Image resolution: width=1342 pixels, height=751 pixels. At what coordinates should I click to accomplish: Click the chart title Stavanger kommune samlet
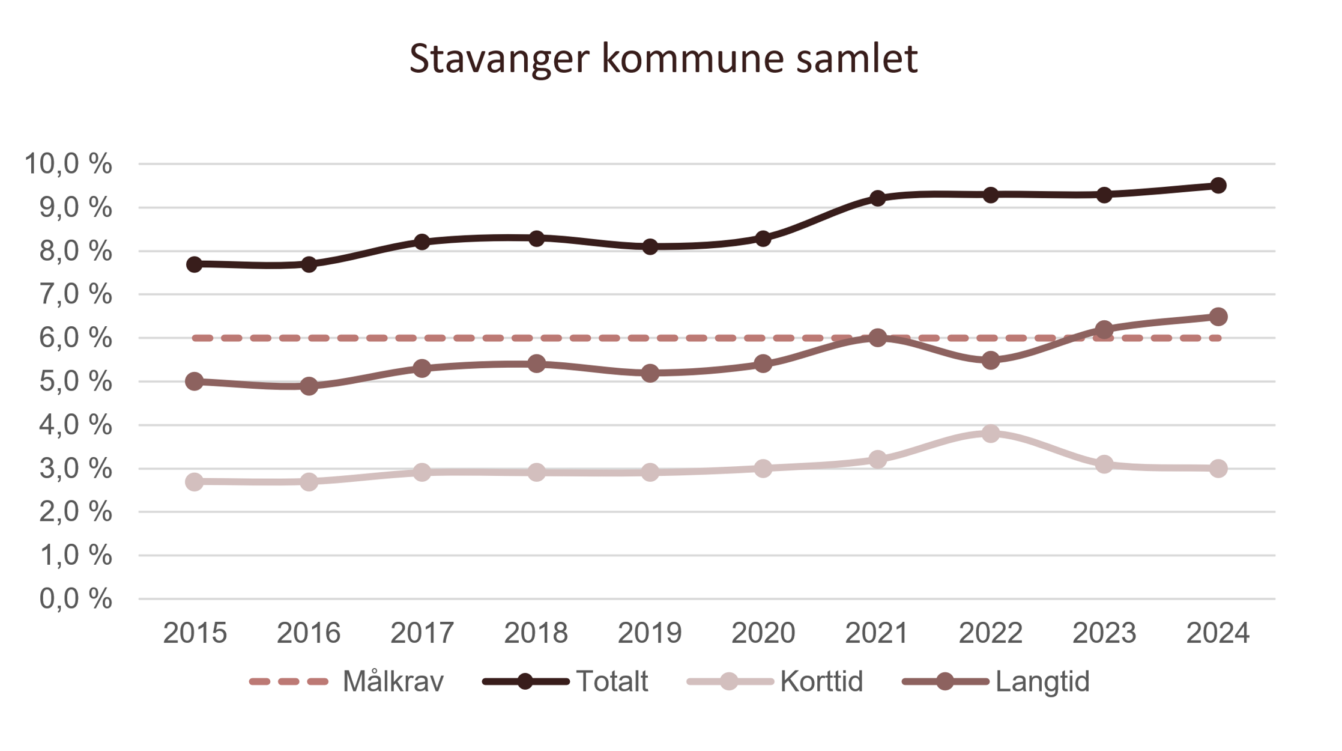pos(663,59)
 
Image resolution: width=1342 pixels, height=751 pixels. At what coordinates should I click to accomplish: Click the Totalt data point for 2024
pos(1218,185)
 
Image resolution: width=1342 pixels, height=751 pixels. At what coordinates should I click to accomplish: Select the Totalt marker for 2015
pos(195,264)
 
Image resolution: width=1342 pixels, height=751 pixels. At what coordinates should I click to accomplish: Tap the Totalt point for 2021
pos(877,198)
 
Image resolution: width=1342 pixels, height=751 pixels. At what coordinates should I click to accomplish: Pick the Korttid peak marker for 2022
pos(991,433)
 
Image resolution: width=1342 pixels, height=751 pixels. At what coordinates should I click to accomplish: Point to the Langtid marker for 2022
pos(991,360)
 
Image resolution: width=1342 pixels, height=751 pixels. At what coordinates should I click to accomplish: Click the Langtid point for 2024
pos(1218,317)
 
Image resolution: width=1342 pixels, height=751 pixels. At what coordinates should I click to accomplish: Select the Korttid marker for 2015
pos(195,482)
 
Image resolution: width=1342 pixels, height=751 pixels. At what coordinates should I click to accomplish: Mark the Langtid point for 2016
pos(309,386)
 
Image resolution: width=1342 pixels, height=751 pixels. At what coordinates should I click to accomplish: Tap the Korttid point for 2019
pos(650,472)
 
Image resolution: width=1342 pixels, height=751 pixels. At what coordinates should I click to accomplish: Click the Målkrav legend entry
pos(346,681)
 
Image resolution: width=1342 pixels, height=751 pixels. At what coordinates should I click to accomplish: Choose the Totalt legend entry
pos(566,681)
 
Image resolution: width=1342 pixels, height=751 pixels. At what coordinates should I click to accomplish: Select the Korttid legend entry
pos(775,681)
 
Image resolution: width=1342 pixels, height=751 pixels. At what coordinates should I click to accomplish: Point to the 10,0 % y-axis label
pos(68,163)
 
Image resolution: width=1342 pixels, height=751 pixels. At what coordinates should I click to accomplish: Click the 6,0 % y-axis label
pos(75,338)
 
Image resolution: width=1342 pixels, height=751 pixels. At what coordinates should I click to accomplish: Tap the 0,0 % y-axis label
pos(75,599)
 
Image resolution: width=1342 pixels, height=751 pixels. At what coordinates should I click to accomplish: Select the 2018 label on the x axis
pos(536,633)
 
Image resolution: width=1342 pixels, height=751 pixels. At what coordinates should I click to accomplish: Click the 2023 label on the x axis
pos(1104,633)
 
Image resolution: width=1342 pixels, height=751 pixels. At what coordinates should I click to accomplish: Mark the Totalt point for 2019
pos(650,246)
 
